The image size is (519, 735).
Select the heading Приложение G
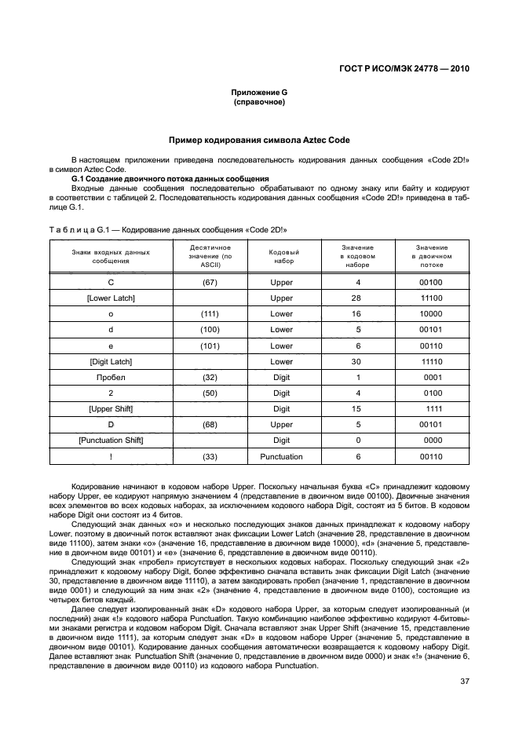click(259, 93)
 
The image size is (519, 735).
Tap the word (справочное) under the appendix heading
click(259, 102)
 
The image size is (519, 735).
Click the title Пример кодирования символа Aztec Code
click(259, 140)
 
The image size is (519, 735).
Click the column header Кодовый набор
click(282, 256)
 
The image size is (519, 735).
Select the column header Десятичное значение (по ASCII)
click(210, 256)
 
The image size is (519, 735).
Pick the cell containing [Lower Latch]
click(110, 298)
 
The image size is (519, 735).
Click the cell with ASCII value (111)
click(210, 314)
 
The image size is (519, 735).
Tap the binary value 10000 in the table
click(432, 314)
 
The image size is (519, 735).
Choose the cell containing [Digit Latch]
click(110, 361)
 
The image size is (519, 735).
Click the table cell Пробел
click(110, 377)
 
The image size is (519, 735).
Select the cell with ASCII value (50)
click(210, 393)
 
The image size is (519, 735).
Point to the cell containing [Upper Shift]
click(110, 409)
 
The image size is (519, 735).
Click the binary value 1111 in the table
click(433, 409)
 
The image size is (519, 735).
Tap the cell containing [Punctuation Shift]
click(110, 441)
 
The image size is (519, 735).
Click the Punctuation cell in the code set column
click(282, 456)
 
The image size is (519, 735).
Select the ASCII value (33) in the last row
click(210, 456)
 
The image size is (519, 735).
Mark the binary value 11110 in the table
click(432, 361)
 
